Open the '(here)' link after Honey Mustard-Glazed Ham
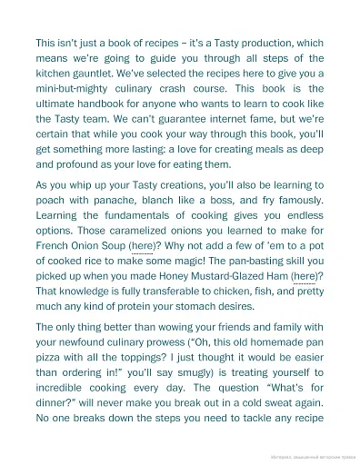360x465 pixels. click(x=305, y=273)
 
